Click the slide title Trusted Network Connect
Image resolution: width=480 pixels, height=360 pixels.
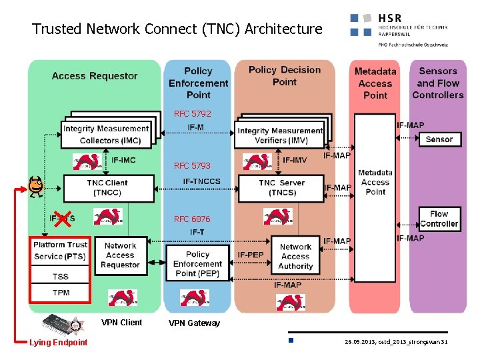click(177, 29)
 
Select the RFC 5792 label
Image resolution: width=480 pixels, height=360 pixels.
click(192, 114)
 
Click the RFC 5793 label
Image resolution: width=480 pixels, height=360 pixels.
click(192, 166)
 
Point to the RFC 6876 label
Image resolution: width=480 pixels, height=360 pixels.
click(192, 219)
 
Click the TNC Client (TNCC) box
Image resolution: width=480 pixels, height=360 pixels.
click(107, 188)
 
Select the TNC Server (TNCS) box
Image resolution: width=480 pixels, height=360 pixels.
click(281, 188)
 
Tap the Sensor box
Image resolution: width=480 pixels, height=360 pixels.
click(439, 139)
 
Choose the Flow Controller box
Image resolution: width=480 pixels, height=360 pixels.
click(439, 219)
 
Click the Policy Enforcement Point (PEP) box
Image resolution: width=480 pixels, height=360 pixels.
click(197, 264)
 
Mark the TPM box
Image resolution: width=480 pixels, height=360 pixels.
click(61, 293)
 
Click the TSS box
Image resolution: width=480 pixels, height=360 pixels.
click(61, 277)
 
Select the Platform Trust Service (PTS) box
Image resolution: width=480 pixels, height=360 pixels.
click(61, 251)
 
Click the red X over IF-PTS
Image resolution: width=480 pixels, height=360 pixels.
click(63, 218)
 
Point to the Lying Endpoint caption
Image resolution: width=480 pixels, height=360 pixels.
click(58, 343)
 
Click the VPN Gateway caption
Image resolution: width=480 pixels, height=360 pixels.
click(194, 323)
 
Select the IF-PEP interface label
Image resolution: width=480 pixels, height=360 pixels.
click(251, 255)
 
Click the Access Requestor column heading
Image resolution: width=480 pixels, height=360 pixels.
click(95, 76)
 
